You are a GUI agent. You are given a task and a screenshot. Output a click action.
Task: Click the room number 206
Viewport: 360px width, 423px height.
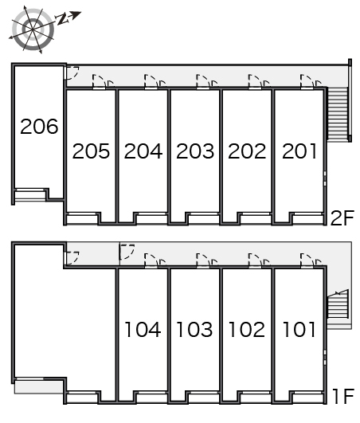coord(39,126)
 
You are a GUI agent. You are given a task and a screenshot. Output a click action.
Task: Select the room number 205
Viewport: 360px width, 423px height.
coord(91,151)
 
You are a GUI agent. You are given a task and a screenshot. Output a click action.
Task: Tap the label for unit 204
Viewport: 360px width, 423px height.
coord(143,151)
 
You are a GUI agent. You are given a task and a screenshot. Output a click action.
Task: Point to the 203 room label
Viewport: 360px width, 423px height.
coord(195,151)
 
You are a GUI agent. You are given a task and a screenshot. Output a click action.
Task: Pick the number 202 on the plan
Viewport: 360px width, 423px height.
coord(247,151)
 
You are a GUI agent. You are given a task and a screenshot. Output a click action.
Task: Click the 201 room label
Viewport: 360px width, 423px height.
coord(299,151)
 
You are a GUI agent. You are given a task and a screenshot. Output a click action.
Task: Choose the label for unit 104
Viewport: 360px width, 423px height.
coord(143,329)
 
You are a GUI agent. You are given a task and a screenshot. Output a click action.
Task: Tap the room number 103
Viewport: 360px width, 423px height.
coord(194,329)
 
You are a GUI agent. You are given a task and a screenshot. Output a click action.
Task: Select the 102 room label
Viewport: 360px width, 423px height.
coord(247,329)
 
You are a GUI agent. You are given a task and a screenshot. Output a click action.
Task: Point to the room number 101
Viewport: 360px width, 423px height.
coord(299,329)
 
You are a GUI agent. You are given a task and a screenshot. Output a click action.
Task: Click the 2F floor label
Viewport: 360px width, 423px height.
coord(342,218)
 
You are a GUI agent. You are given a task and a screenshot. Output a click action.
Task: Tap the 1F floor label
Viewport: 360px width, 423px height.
coord(343,396)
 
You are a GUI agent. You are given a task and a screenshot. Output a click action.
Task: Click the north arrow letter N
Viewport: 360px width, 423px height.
coord(62,19)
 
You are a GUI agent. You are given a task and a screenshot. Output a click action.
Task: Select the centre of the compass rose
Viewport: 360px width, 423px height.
coord(33,29)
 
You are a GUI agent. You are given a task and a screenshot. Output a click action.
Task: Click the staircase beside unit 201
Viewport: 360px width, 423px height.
coord(337,113)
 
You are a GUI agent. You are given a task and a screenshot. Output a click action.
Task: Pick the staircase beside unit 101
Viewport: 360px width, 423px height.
coord(338,304)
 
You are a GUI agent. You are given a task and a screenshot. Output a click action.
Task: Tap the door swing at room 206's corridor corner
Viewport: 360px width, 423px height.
coord(72,72)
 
